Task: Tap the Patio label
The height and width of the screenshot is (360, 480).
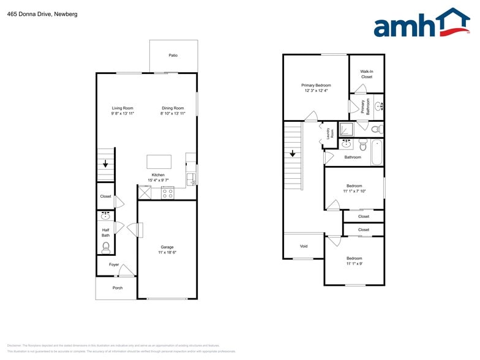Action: coord(173,56)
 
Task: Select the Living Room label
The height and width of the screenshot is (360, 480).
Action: coord(122,108)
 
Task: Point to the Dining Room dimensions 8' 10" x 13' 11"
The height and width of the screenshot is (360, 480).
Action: coord(172,114)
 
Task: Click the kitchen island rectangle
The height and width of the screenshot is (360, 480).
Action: coord(159,162)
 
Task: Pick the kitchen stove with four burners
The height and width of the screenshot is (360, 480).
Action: coord(167,193)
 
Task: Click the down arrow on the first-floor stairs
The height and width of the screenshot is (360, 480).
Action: coord(106,164)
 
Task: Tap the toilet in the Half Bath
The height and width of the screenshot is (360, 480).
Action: coord(106,247)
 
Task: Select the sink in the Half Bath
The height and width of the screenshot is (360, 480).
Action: coord(105,216)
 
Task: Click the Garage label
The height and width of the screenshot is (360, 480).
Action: coord(167,247)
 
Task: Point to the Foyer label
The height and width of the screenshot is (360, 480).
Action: coord(114,264)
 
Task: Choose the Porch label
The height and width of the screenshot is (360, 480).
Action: coord(117,288)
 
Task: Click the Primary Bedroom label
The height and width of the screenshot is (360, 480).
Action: coord(316,85)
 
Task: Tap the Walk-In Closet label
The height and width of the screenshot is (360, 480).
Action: coord(367,74)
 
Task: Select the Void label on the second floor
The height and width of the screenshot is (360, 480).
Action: coord(304,246)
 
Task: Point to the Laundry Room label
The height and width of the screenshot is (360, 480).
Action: coord(331,133)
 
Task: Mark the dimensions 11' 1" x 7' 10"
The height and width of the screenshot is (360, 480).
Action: coord(354,191)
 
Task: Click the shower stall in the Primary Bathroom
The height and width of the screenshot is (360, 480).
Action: coord(347,129)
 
